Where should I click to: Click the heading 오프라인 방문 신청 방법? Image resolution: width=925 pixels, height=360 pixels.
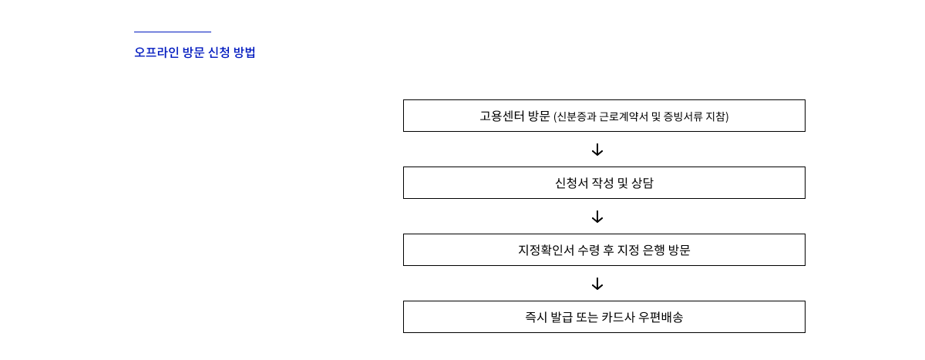coord(194,52)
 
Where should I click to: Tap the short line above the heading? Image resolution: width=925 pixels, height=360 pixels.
coord(172,32)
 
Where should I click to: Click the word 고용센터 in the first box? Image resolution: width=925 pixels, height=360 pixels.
coord(502,116)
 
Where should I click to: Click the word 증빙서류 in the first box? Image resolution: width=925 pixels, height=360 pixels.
coord(682,116)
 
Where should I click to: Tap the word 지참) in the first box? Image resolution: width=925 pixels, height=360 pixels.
coord(717,116)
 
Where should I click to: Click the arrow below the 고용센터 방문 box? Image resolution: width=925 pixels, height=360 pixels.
coord(597,150)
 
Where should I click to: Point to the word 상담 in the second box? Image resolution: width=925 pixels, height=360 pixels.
coord(642,183)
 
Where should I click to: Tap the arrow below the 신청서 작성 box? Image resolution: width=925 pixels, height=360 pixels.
coord(597,217)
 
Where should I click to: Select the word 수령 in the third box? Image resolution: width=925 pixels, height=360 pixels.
coord(590,251)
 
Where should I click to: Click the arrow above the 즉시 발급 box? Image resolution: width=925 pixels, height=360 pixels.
coord(597,284)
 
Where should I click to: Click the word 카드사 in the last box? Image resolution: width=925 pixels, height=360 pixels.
coord(618,318)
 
